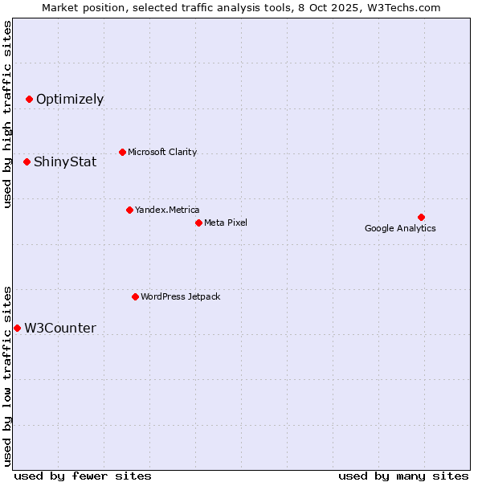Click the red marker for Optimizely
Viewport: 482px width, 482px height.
coord(29,99)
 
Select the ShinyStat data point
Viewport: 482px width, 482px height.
coord(27,161)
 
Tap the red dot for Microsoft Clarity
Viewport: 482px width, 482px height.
coord(122,152)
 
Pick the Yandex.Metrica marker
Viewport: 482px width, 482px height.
coord(129,210)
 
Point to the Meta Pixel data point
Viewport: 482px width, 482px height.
coord(198,223)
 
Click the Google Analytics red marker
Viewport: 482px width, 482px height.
coord(421,217)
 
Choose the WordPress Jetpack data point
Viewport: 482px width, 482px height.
coord(135,296)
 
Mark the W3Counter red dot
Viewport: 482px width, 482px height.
coord(17,328)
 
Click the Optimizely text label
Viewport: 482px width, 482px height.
coord(70,100)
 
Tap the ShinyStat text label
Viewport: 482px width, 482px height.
coord(65,162)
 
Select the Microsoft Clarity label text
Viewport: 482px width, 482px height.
coord(162,153)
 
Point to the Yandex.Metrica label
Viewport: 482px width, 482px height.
coord(167,210)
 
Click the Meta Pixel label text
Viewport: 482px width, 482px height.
coord(226,223)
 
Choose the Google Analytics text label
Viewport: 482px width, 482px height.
coord(400,229)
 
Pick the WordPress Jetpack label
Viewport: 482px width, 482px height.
coord(180,297)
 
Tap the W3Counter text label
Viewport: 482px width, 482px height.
coord(60,329)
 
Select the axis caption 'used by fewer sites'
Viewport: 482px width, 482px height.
coord(83,476)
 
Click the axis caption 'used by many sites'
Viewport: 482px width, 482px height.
coord(403,476)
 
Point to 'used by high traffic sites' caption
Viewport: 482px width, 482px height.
coord(7,115)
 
